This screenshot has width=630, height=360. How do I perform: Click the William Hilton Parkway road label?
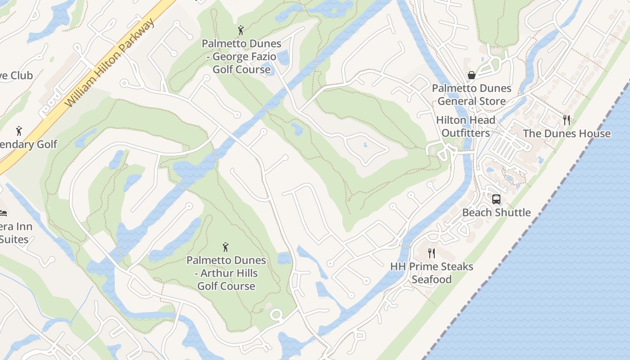[110, 63]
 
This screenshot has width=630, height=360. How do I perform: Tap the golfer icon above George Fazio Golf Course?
[241, 31]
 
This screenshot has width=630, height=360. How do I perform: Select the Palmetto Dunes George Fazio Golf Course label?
[241, 57]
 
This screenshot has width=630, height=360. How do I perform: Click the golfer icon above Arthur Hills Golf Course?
[226, 247]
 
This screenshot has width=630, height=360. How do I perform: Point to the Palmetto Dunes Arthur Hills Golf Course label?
[226, 273]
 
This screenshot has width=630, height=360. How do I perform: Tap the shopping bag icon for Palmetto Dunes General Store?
[472, 75]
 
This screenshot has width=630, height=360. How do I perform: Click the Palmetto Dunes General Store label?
[472, 94]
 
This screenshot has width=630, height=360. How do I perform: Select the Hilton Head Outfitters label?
[466, 126]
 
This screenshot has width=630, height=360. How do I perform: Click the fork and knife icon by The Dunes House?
[567, 120]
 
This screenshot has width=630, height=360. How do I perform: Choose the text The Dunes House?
[567, 134]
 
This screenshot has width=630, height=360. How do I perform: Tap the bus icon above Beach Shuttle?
[496, 199]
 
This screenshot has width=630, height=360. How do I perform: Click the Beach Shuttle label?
[496, 212]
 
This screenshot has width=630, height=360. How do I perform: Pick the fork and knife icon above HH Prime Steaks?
[432, 253]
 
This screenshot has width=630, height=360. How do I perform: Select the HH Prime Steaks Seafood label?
[432, 273]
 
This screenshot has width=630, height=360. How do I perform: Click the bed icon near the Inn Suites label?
[4, 213]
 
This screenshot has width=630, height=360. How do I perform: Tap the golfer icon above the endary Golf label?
[19, 131]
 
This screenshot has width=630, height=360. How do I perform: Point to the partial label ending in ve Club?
[16, 76]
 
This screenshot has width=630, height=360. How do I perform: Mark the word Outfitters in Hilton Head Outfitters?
[466, 133]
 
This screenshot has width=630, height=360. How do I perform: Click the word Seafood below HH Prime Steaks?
[432, 279]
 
